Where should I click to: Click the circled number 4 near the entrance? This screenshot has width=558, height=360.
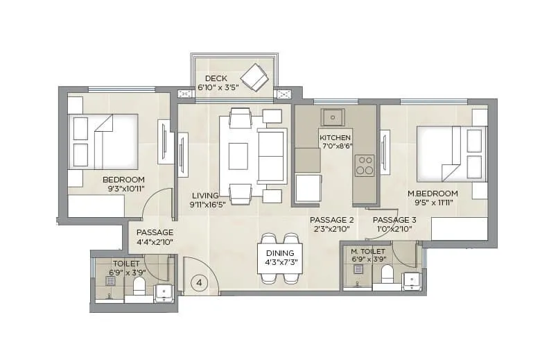click(200, 282)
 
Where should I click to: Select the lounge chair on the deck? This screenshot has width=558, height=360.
click(254, 77)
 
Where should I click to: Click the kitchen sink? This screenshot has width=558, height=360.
click(333, 117)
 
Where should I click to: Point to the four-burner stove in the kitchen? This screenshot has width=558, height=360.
click(365, 165)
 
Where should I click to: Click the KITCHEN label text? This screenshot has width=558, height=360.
click(335, 138)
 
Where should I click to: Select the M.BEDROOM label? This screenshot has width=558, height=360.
click(437, 193)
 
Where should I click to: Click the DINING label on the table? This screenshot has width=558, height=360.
click(280, 252)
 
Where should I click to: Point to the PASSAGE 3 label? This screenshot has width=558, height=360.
click(394, 220)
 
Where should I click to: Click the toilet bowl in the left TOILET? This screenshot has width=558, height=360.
click(139, 286)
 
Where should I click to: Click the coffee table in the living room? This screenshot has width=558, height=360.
click(238, 156)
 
